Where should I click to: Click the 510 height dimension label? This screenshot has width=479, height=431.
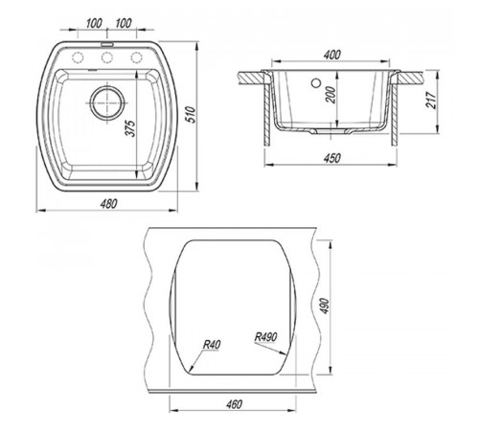[191, 115]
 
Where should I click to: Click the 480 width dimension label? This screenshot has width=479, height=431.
[108, 204]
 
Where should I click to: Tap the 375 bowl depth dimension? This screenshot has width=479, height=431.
[130, 128]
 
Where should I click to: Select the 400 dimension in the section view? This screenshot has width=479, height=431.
[332, 55]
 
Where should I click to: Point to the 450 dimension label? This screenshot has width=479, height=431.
[332, 158]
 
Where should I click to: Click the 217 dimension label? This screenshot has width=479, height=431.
[431, 101]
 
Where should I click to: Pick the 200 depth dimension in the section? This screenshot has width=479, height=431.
[331, 95]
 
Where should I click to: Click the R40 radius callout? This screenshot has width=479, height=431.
[212, 345]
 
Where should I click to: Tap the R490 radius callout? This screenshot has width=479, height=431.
[265, 337]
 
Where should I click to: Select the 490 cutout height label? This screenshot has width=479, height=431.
[325, 306]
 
